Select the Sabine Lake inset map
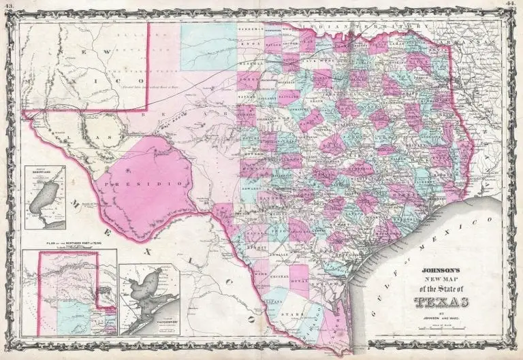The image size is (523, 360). click(x=44, y=198)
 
